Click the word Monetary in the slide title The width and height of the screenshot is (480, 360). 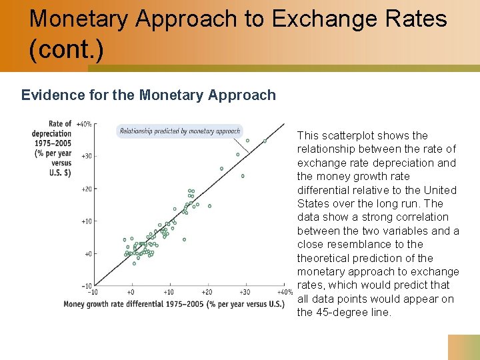pos(79,19)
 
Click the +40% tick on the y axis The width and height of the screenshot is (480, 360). pos(83,125)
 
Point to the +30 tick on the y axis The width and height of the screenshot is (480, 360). pos(86,156)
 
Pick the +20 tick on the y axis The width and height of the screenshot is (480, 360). pos(86,189)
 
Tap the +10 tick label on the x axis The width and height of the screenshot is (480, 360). pos(168,292)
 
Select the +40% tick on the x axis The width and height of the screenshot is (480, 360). pos(283,292)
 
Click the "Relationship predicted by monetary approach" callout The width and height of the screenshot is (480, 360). pos(179,131)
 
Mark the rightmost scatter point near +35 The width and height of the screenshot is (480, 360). pos(265,141)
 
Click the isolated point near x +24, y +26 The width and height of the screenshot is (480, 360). pos(222,169)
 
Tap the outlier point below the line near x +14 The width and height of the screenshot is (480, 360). pos(184,239)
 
